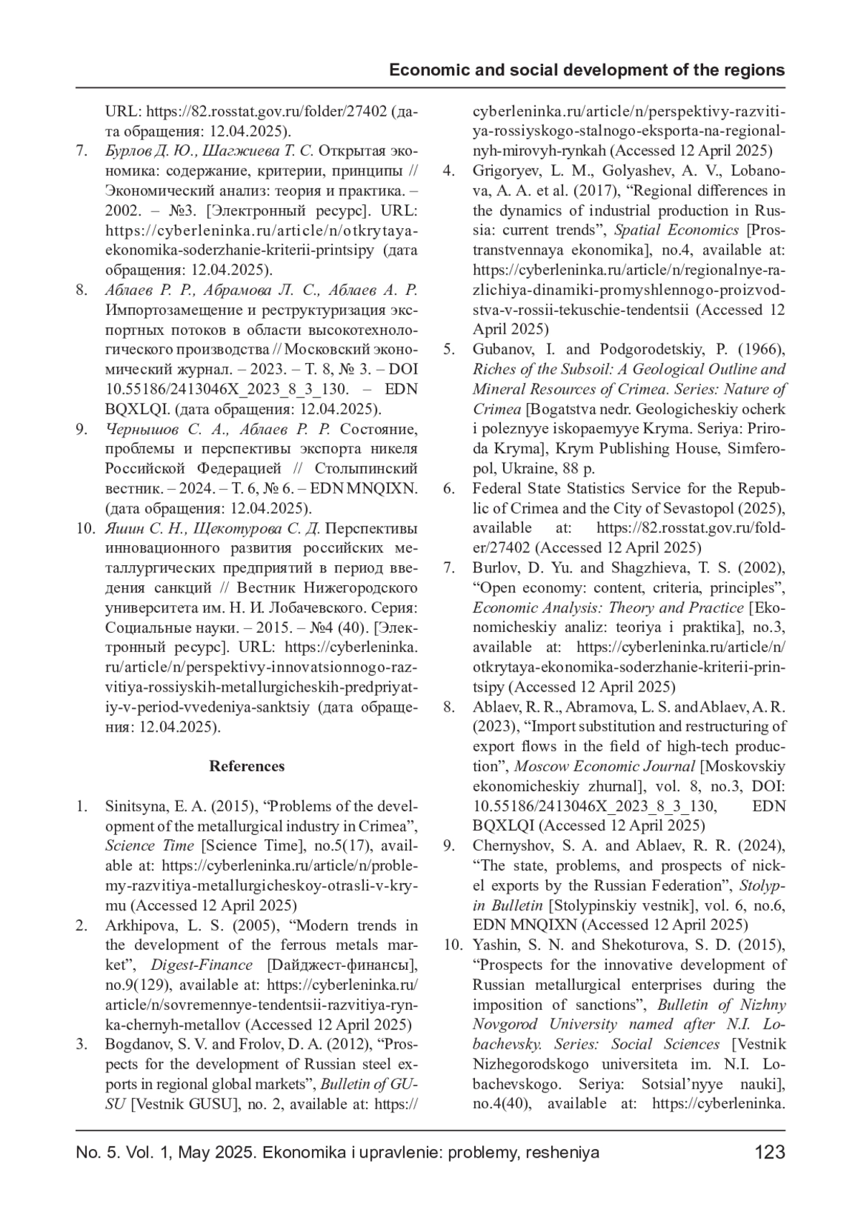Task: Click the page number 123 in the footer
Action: (x=770, y=1153)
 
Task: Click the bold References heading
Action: (x=247, y=766)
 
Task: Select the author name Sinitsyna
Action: (x=136, y=806)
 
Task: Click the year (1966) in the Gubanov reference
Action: (x=761, y=349)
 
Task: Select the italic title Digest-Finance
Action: (x=202, y=965)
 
